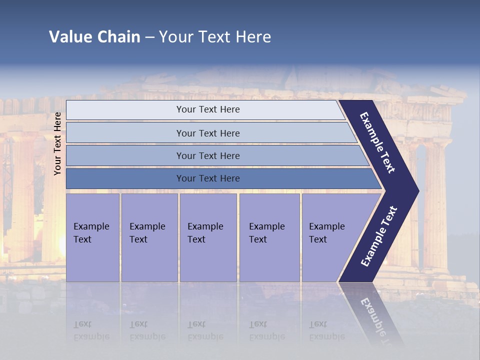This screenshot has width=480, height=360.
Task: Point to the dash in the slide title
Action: point(149,37)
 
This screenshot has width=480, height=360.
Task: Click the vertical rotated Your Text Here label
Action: point(57,143)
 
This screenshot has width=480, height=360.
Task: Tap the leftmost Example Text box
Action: point(92,237)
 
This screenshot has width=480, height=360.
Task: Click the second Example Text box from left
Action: point(149,237)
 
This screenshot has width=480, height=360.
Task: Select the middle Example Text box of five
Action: point(208,237)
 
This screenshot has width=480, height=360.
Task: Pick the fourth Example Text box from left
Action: point(269,237)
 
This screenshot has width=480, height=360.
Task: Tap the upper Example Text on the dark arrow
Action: point(377,142)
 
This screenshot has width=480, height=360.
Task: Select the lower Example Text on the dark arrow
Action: point(379,236)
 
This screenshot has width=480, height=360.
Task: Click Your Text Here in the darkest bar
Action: point(208,178)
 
